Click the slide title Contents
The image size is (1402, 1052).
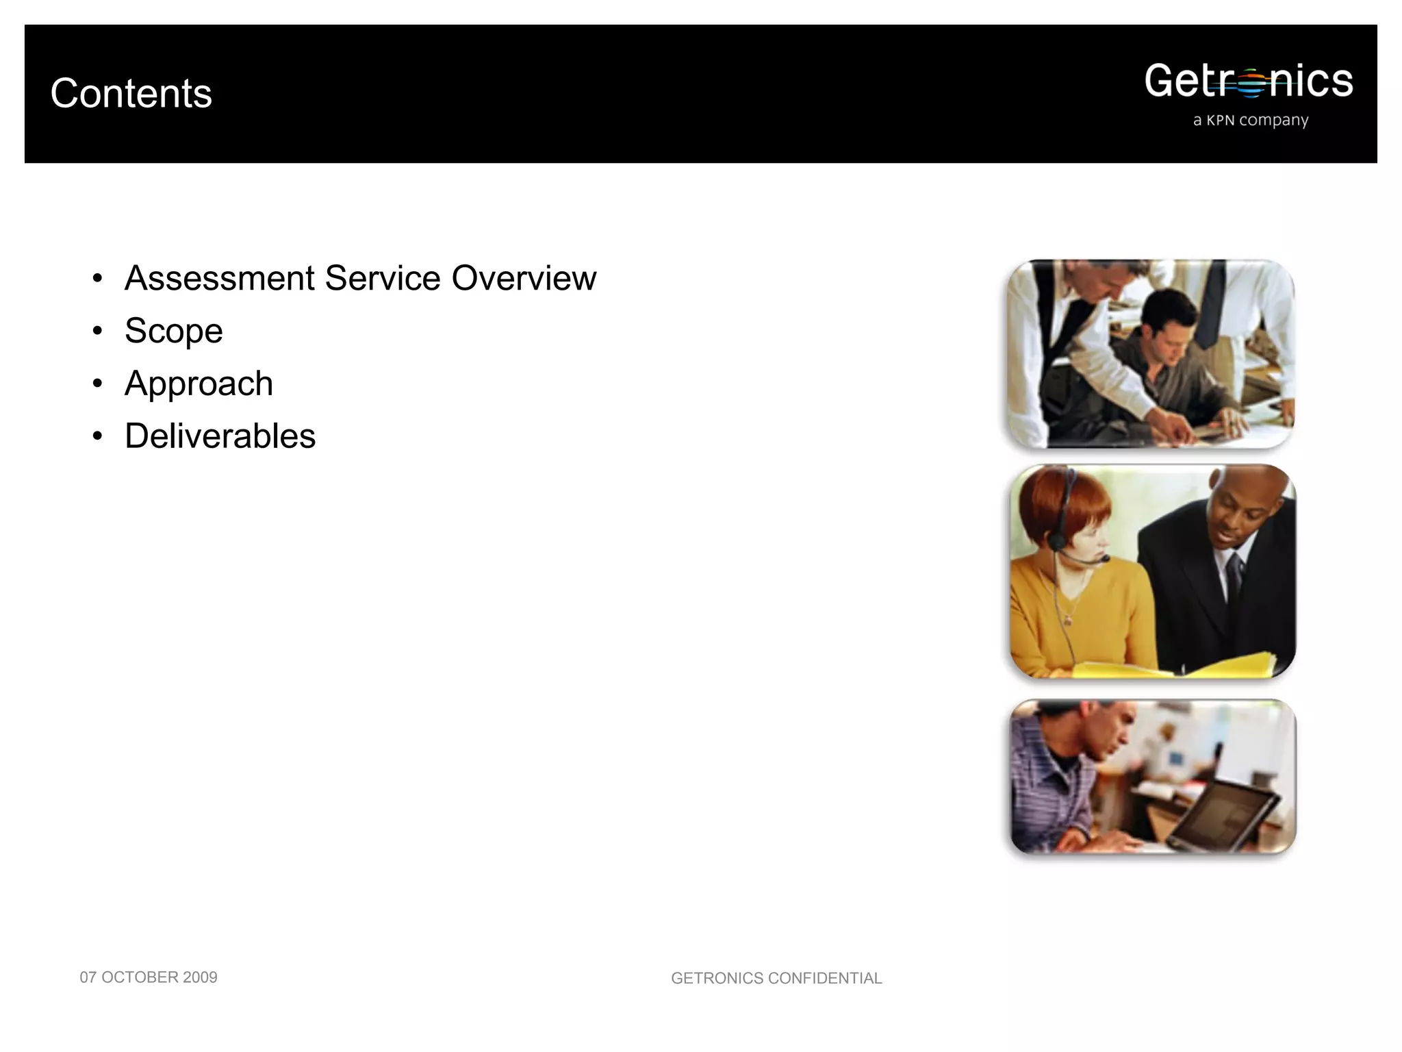131,93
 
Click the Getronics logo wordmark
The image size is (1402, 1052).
1248,82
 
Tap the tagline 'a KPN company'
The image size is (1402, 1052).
1250,121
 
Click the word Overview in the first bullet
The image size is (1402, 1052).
524,278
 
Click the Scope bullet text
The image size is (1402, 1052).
174,331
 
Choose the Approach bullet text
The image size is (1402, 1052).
199,384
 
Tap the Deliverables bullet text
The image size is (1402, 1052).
220,436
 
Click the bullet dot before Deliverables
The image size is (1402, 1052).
98,437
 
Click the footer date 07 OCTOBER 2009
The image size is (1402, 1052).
149,977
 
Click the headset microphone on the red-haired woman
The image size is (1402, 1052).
1102,560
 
